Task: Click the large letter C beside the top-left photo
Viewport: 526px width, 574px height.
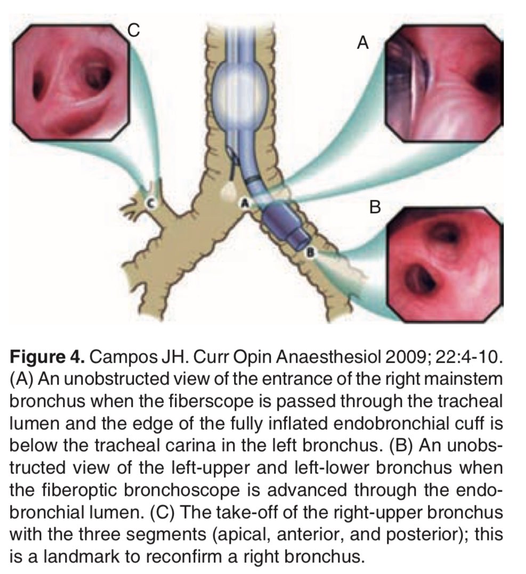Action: (134, 30)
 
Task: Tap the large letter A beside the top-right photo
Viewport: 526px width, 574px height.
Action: (362, 43)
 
